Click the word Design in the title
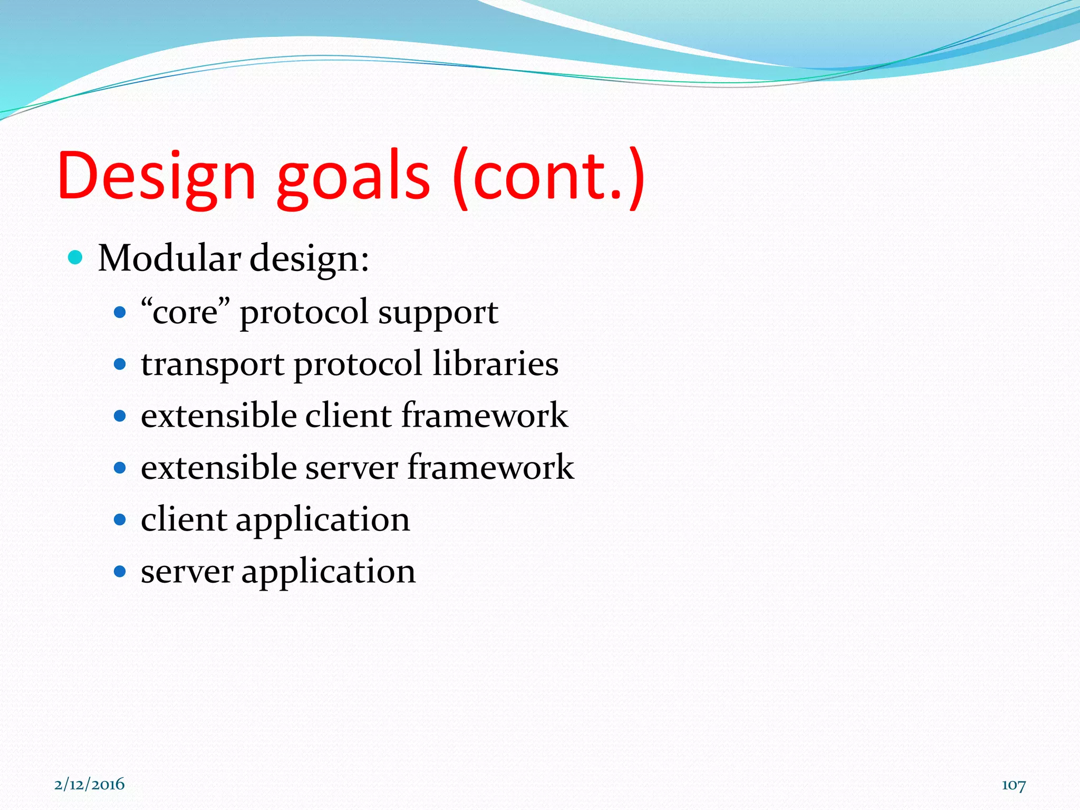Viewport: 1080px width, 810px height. pos(157,177)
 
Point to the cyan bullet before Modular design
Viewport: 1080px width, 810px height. pos(76,258)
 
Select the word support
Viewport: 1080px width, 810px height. pos(438,314)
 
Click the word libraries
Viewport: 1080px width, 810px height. pos(495,364)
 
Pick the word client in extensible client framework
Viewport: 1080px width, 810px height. pos(349,415)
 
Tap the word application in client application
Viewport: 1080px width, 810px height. pos(322,520)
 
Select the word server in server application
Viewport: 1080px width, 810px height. pos(187,572)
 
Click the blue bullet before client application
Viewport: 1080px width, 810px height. pos(120,519)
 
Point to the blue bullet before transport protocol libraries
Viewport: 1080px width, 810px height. pos(120,364)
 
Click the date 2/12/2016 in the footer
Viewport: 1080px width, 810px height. pos(90,784)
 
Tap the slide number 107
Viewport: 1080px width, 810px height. pos(1013,785)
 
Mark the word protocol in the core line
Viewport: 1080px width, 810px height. pos(304,313)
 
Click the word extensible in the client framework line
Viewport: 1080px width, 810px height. pos(218,415)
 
